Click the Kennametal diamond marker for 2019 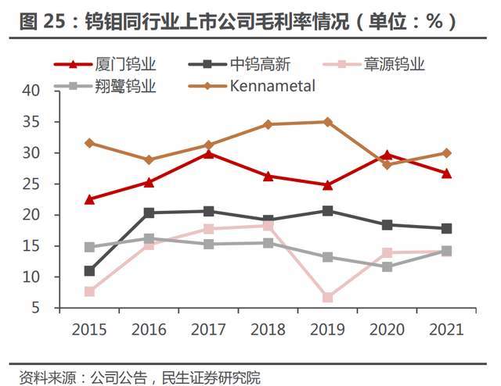pyautogui.click(x=328, y=122)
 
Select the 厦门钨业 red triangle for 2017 pyautogui.click(x=209, y=152)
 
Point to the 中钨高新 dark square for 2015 pyautogui.click(x=90, y=271)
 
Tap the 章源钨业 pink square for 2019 pyautogui.click(x=328, y=298)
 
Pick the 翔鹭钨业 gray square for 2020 pyautogui.click(x=387, y=266)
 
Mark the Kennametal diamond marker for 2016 pyautogui.click(x=150, y=159)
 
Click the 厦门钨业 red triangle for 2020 pyautogui.click(x=387, y=155)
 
